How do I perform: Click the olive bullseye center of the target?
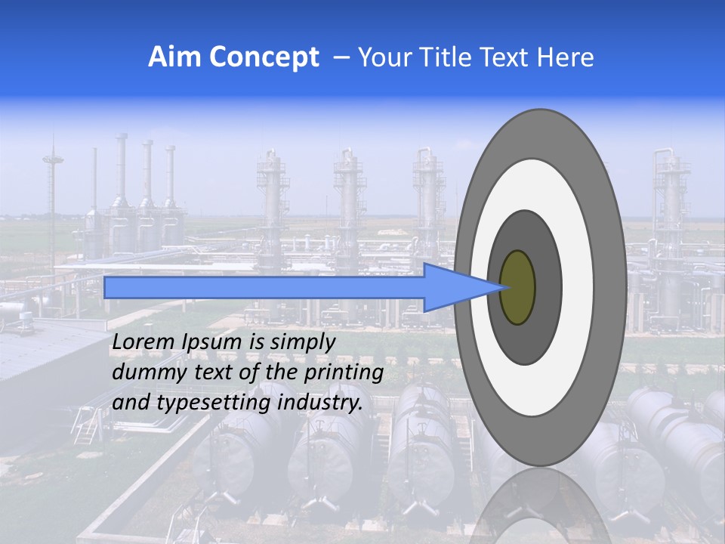pyautogui.click(x=518, y=287)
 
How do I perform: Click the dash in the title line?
pyautogui.click(x=341, y=57)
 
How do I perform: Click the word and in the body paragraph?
pyautogui.click(x=130, y=403)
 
